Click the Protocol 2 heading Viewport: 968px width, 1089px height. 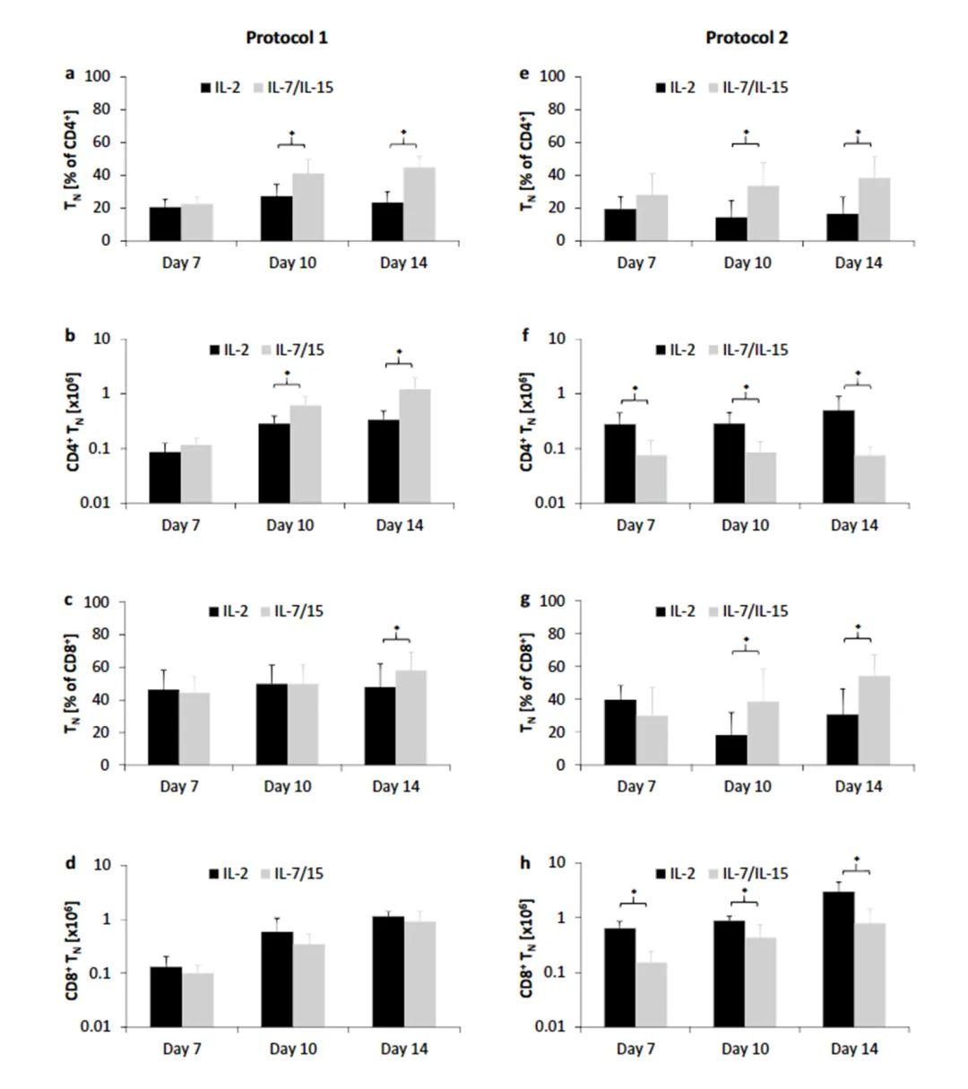pyautogui.click(x=747, y=38)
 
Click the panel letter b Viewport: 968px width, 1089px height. pyautogui.click(x=70, y=337)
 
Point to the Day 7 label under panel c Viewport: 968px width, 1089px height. pyautogui.click(x=179, y=787)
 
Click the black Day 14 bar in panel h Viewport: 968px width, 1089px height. pyautogui.click(x=837, y=959)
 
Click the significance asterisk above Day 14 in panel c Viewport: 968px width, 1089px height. pyautogui.click(x=396, y=628)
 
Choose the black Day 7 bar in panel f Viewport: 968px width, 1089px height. pyautogui.click(x=620, y=463)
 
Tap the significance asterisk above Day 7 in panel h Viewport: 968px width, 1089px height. pyautogui.click(x=634, y=893)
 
